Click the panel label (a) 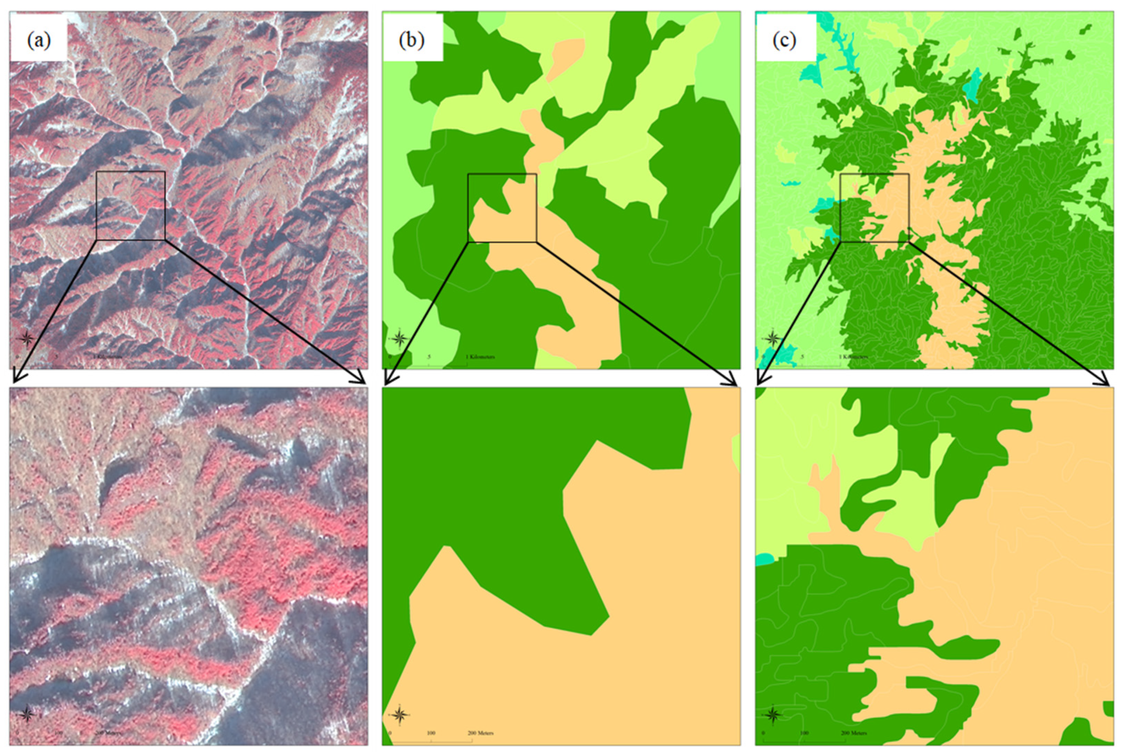[x=38, y=40]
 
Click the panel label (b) [x=411, y=40]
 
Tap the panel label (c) [x=784, y=40]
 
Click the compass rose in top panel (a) [x=27, y=338]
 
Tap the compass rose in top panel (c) [x=772, y=338]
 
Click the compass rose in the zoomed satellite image [x=27, y=714]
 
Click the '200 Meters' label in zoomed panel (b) [x=480, y=733]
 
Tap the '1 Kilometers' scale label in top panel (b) [x=480, y=357]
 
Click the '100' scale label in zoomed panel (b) [x=431, y=733]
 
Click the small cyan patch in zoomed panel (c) [x=764, y=559]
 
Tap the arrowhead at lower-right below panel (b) [x=734, y=382]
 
